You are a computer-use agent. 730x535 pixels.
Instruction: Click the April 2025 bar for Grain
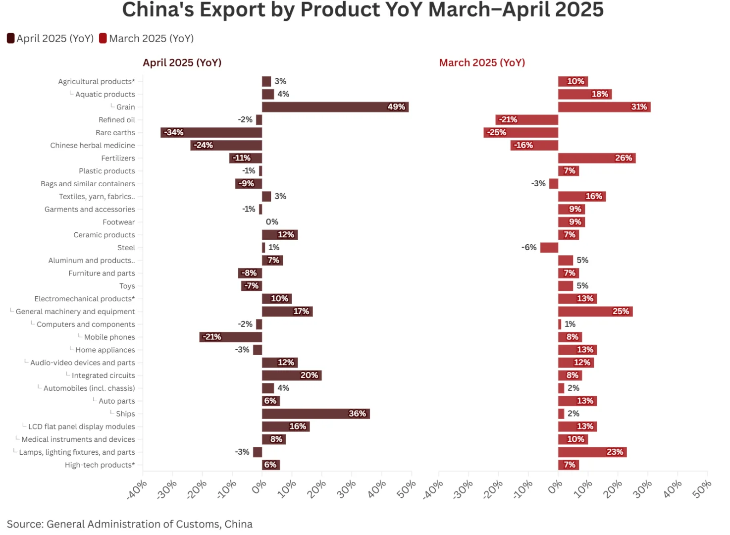(335, 107)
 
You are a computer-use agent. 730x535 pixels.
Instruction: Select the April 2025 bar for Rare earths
(211, 133)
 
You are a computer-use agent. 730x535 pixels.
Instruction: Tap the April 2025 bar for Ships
(315, 414)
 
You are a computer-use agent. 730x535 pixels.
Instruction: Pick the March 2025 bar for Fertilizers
(596, 158)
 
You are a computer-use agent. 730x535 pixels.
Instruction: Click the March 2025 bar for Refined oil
(526, 120)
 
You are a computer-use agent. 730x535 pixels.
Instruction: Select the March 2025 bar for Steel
(549, 248)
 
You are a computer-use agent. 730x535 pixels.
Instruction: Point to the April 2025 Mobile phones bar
(230, 337)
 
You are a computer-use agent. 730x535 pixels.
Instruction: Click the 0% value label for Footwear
(272, 222)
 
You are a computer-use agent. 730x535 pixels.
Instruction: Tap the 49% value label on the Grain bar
(396, 107)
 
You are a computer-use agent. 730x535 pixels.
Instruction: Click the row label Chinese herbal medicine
(93, 146)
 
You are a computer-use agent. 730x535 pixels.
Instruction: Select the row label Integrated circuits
(103, 375)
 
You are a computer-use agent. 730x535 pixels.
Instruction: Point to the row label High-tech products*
(100, 465)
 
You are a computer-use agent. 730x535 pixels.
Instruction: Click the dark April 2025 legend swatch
(10, 38)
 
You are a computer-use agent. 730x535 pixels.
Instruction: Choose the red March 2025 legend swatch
(103, 38)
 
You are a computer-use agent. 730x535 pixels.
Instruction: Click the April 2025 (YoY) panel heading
(182, 63)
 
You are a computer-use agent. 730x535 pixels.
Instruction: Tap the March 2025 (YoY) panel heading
(482, 63)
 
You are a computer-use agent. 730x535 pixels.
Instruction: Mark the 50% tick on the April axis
(407, 488)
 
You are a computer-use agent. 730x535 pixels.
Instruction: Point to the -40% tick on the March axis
(434, 489)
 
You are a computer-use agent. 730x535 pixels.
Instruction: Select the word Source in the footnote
(24, 524)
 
